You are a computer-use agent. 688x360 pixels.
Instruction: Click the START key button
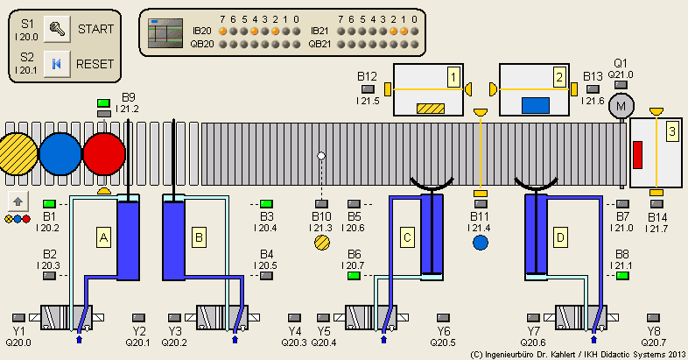pyautogui.click(x=56, y=29)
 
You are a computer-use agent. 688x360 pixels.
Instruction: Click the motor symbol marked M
pyautogui.click(x=621, y=106)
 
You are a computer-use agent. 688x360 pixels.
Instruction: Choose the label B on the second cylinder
pyautogui.click(x=200, y=236)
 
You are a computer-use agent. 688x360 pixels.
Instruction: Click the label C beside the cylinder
pyautogui.click(x=408, y=236)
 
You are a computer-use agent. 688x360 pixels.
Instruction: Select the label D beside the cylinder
pyautogui.click(x=560, y=236)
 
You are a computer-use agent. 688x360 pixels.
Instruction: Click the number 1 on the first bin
pyautogui.click(x=453, y=76)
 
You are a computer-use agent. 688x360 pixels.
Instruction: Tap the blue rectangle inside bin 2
pyautogui.click(x=535, y=106)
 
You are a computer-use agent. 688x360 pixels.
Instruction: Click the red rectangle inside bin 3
pyautogui.click(x=637, y=155)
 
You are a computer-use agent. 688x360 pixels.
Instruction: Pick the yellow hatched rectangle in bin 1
pyautogui.click(x=430, y=109)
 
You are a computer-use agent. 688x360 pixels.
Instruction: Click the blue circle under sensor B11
pyautogui.click(x=480, y=243)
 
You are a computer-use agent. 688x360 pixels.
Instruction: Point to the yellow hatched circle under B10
pyautogui.click(x=321, y=243)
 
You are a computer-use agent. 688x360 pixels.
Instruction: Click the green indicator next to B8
pyautogui.click(x=623, y=276)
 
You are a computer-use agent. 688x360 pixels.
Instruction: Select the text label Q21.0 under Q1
pyautogui.click(x=622, y=74)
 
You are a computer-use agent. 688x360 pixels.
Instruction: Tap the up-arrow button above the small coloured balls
pyautogui.click(x=17, y=201)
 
